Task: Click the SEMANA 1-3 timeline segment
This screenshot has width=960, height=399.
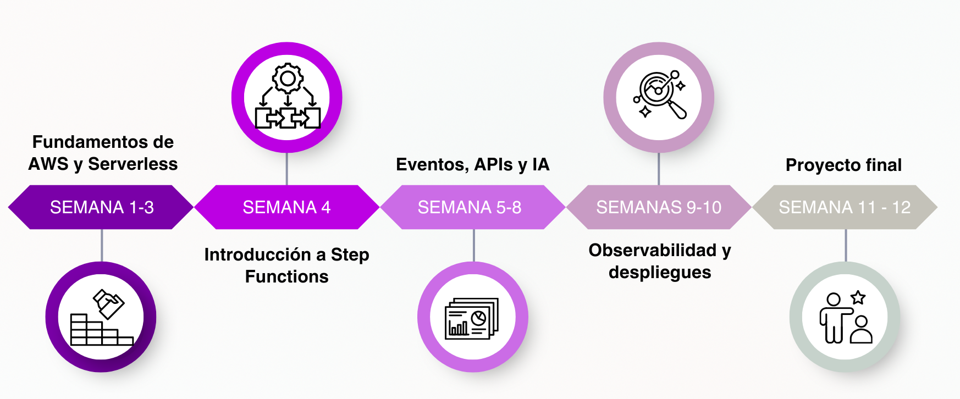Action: pos(102,207)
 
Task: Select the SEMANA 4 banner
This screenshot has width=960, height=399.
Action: pos(286,207)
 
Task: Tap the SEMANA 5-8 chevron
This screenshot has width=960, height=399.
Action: pos(470,207)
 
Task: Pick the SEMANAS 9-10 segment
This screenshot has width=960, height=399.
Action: pos(659,207)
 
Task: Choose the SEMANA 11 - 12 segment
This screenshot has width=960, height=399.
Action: pos(845,207)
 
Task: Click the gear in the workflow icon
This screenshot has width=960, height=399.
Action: pos(288,79)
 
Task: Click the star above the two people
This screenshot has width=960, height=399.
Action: pos(858,298)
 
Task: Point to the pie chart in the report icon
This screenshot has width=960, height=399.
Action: pos(478,318)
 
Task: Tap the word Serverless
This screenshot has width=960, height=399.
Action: pos(133,164)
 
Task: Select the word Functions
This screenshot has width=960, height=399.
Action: pos(286,276)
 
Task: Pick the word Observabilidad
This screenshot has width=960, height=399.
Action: pos(653,250)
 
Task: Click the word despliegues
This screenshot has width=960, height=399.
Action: pos(660,272)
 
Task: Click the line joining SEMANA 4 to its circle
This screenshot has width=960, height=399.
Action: pos(287,169)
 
